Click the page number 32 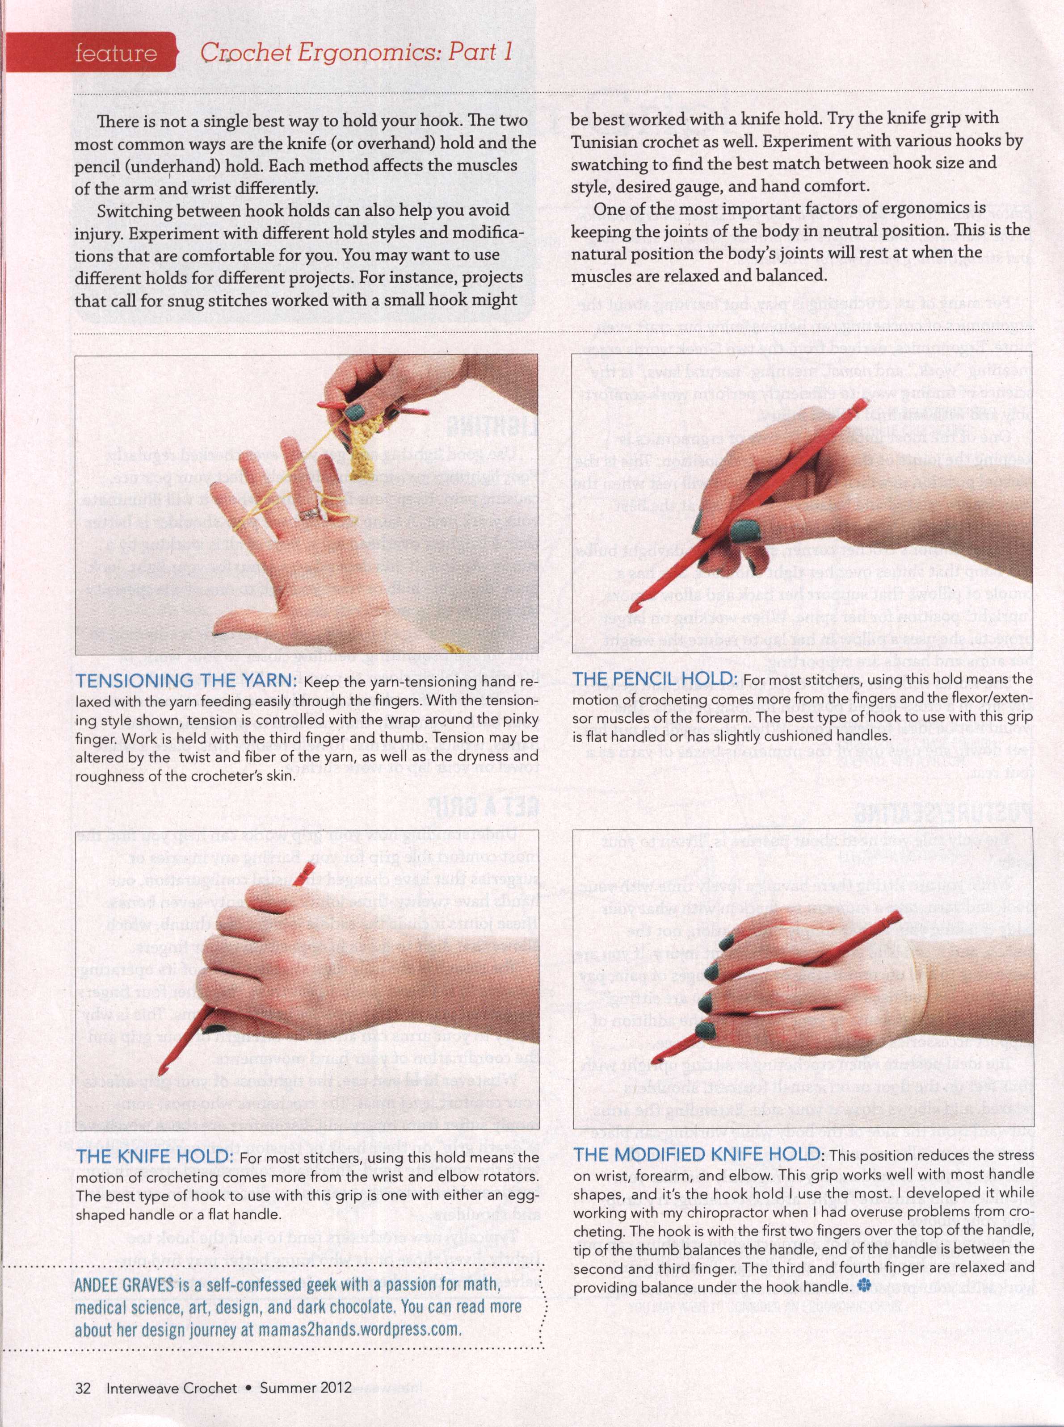click(82, 1387)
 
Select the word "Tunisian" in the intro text click(606, 141)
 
